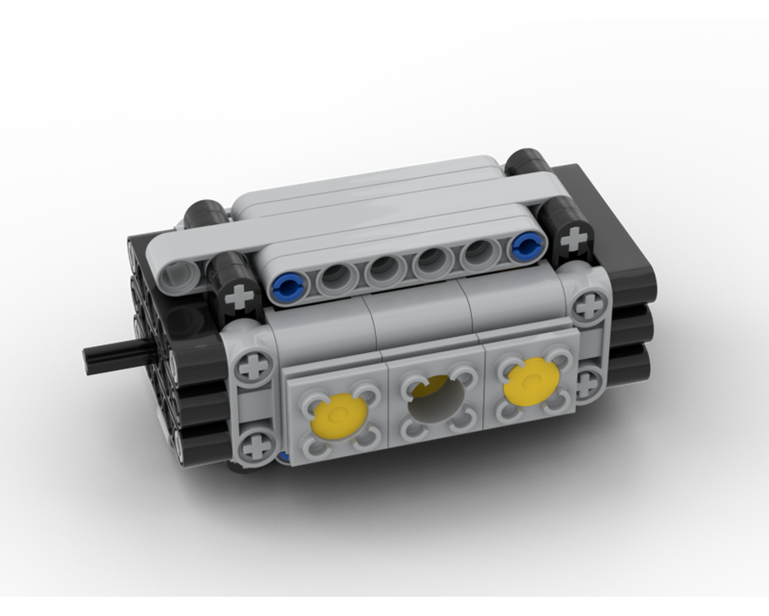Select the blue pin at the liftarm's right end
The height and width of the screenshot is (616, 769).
click(x=526, y=246)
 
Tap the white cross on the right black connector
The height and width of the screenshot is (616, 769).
click(x=572, y=240)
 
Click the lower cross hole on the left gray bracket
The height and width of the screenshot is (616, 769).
click(x=255, y=446)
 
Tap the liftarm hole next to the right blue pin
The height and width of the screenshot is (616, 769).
click(x=480, y=253)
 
